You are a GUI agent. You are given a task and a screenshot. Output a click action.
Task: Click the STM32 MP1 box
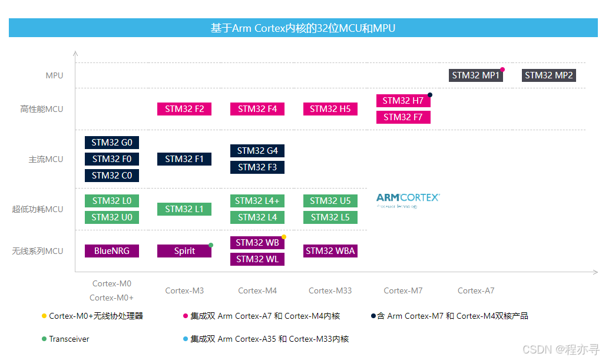click(476, 75)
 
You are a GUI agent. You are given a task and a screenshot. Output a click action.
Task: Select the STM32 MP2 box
click(549, 75)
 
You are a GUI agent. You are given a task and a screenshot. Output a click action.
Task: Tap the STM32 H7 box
click(403, 101)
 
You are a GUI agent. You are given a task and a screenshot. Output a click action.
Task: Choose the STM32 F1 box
click(184, 159)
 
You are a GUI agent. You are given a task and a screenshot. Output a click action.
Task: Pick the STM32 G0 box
click(112, 143)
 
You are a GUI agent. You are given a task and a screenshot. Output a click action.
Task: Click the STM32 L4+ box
click(257, 201)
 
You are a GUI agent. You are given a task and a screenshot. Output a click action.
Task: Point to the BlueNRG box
click(112, 251)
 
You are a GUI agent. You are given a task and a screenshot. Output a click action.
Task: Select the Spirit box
click(184, 251)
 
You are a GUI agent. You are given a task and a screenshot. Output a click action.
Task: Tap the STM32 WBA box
click(330, 251)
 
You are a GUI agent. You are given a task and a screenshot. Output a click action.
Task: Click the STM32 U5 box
click(330, 201)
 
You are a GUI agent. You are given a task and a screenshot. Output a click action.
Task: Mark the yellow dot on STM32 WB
click(284, 237)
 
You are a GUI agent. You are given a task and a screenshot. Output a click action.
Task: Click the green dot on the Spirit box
click(211, 245)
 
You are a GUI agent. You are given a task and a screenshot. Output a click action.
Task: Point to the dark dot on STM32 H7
click(430, 95)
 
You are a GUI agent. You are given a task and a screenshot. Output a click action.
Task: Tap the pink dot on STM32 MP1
click(502, 70)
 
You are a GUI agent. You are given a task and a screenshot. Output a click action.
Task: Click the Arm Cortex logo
click(408, 200)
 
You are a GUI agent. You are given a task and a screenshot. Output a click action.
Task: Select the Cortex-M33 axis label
click(330, 290)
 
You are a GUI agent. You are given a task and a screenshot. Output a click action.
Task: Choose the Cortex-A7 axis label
click(476, 290)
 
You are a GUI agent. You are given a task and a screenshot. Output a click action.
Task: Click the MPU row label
click(54, 76)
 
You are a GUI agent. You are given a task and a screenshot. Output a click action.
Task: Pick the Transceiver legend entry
click(69, 339)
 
